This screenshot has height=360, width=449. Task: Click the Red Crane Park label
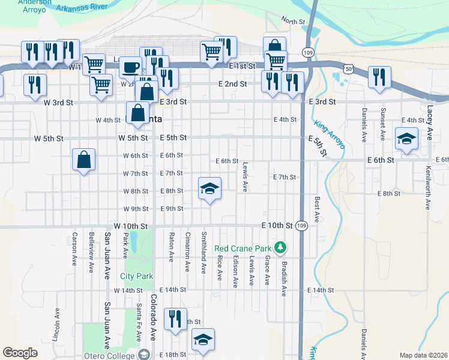[x=243, y=248]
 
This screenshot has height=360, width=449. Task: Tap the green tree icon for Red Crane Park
[x=279, y=247]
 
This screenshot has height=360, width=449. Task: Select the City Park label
[x=136, y=276]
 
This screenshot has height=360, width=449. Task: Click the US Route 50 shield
[x=348, y=70]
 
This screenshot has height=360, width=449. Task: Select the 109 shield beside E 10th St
[x=302, y=226]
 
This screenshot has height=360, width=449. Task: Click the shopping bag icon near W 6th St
[x=83, y=160]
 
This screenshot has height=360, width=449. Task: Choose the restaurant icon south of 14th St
[x=175, y=319]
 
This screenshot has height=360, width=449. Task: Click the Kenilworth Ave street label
[x=427, y=188]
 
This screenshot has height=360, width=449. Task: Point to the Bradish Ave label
[x=283, y=277]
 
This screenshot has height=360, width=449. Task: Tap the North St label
[x=294, y=22]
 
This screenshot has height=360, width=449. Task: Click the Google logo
[x=20, y=353]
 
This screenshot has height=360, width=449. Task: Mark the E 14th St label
[x=320, y=290]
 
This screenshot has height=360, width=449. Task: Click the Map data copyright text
[x=423, y=355]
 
